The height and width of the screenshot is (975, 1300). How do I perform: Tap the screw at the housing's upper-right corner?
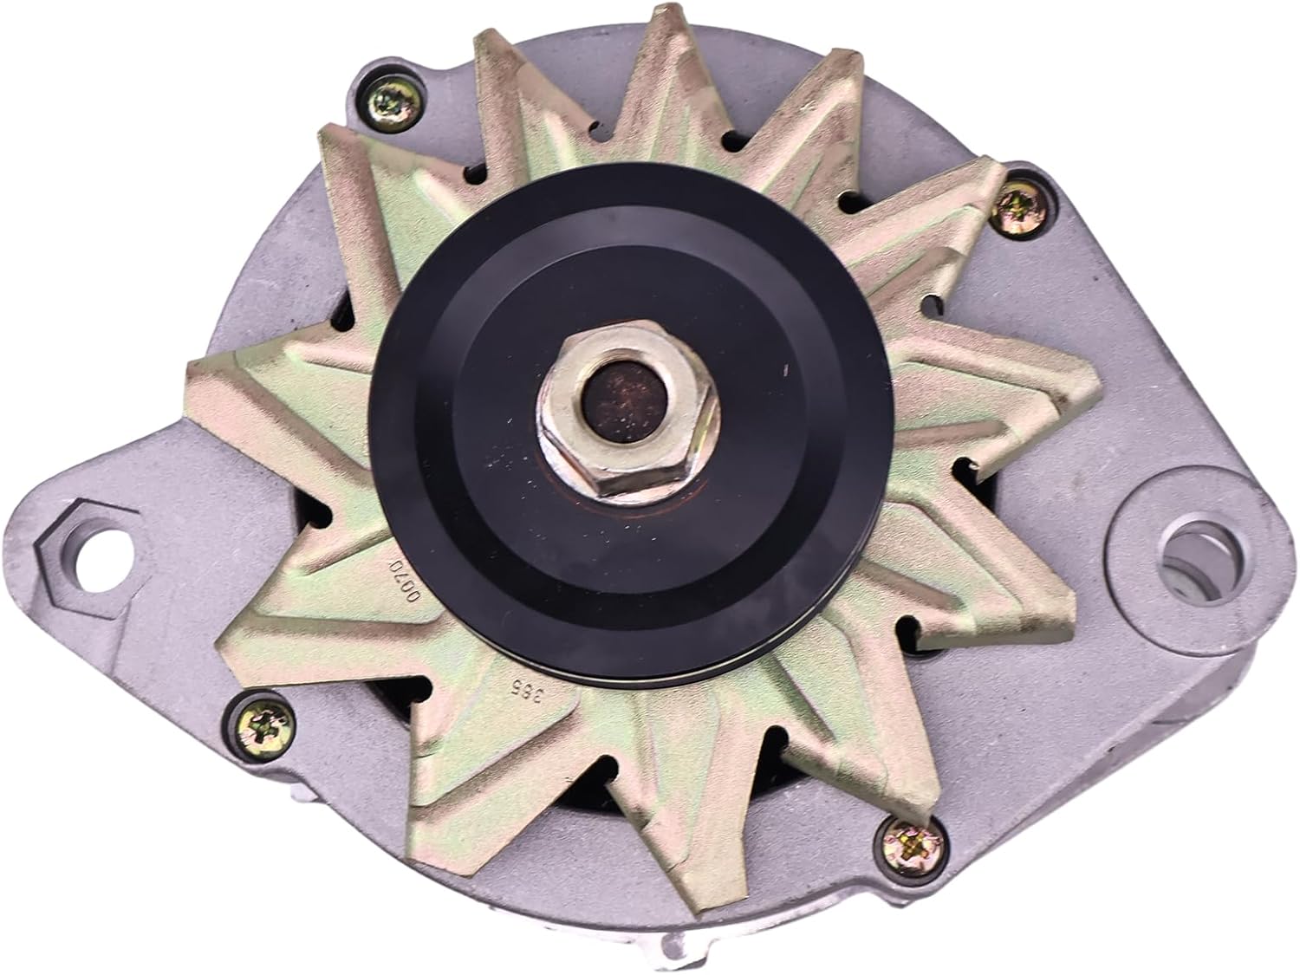click(1035, 205)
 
